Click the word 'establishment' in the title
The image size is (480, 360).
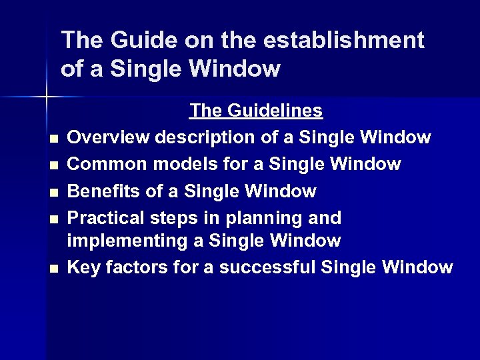point(343,41)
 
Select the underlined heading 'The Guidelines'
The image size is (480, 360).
point(256,110)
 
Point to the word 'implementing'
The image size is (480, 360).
point(122,240)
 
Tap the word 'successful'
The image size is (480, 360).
point(268,267)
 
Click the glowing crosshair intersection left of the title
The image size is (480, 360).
point(46,97)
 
